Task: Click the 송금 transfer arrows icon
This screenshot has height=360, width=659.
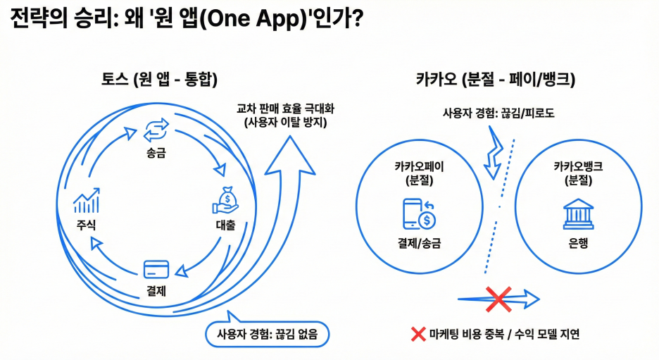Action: (156, 130)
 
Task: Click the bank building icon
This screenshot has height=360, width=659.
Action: (578, 213)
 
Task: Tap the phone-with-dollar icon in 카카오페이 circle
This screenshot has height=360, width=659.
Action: (418, 214)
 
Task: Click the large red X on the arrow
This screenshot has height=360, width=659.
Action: (498, 299)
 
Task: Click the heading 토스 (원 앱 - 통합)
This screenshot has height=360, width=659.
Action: (158, 80)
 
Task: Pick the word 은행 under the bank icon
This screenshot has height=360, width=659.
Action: (578, 244)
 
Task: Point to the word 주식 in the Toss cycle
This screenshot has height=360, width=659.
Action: (87, 225)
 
